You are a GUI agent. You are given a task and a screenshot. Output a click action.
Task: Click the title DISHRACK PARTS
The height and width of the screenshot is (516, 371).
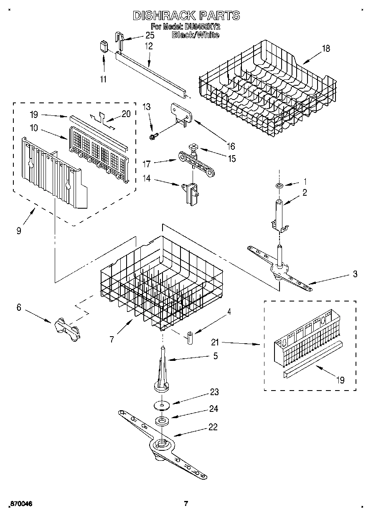point(186,16)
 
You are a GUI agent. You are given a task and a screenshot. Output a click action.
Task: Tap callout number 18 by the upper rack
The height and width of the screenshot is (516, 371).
point(325,49)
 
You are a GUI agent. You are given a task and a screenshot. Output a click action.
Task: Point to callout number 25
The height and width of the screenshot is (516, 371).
point(150,36)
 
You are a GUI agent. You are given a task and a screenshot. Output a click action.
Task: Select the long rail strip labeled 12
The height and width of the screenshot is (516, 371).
point(150,71)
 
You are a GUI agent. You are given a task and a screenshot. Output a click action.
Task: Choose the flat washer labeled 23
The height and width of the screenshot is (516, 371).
point(162,405)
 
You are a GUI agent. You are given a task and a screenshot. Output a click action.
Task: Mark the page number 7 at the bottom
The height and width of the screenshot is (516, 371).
point(186,503)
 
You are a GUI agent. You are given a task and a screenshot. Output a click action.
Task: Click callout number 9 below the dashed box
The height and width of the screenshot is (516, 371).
point(19,230)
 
